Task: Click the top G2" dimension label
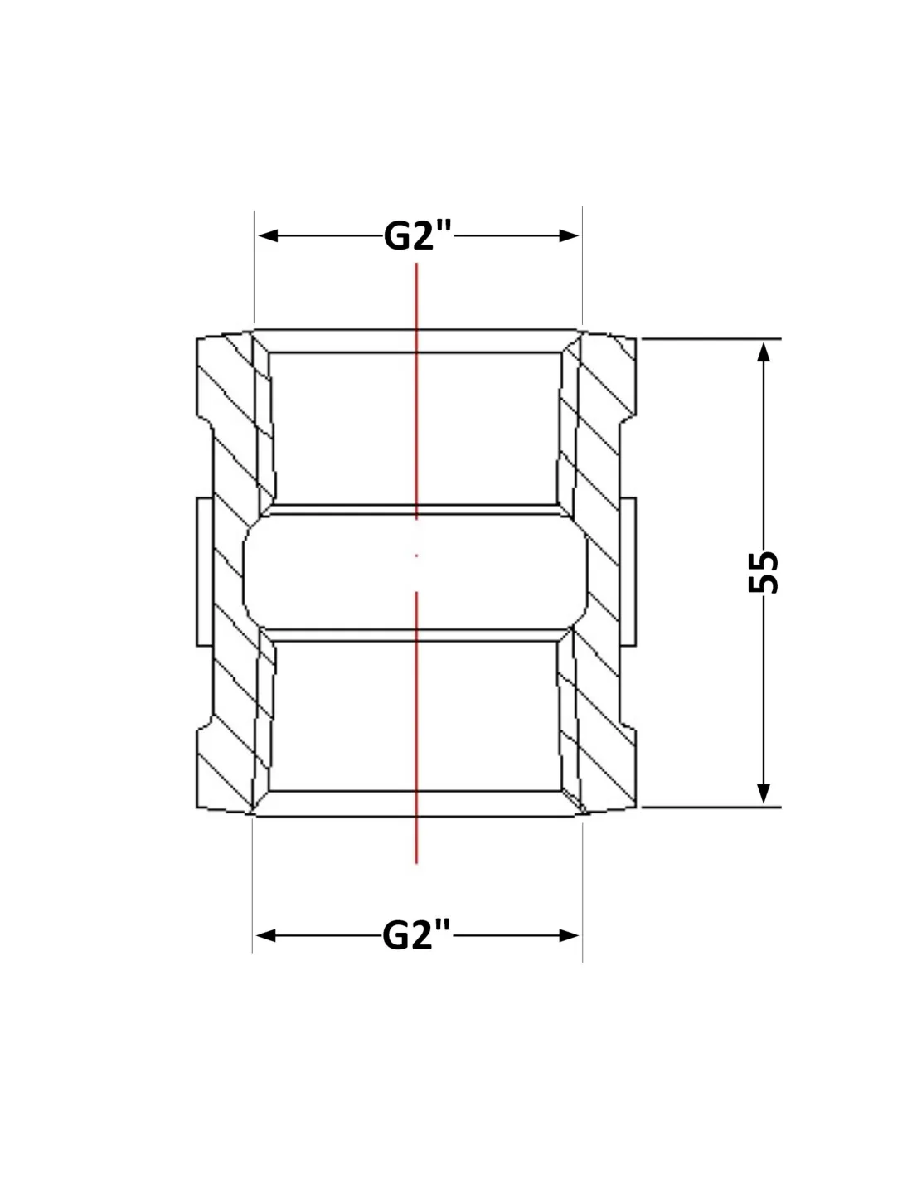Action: [x=417, y=236]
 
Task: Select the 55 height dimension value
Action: [x=763, y=572]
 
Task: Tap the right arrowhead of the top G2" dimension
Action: [x=569, y=235]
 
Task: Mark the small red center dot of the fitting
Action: [x=416, y=556]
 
